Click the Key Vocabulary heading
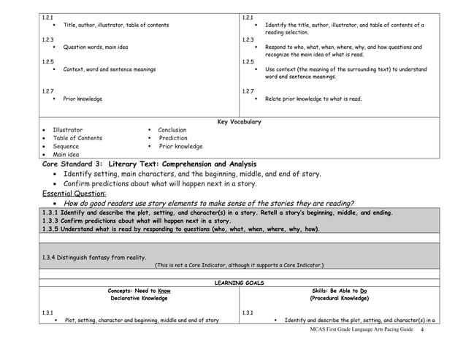(x=239, y=121)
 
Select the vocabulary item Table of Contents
(x=77, y=138)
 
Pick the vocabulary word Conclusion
(x=172, y=130)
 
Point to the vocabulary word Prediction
(x=173, y=138)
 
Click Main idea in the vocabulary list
(x=66, y=155)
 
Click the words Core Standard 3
(x=73, y=164)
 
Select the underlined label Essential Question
(x=73, y=194)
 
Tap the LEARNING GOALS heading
(x=239, y=283)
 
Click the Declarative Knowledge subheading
(x=139, y=299)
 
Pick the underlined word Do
(x=363, y=291)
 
